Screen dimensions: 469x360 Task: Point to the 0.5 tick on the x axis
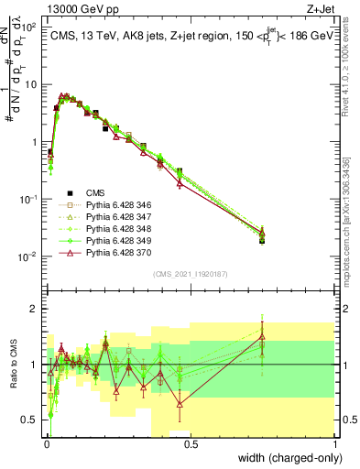191,444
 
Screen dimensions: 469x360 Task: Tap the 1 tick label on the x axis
335,444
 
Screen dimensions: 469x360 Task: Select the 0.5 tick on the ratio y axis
32,420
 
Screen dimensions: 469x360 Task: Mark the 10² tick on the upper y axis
31,26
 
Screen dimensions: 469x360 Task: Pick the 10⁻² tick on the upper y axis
31,256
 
